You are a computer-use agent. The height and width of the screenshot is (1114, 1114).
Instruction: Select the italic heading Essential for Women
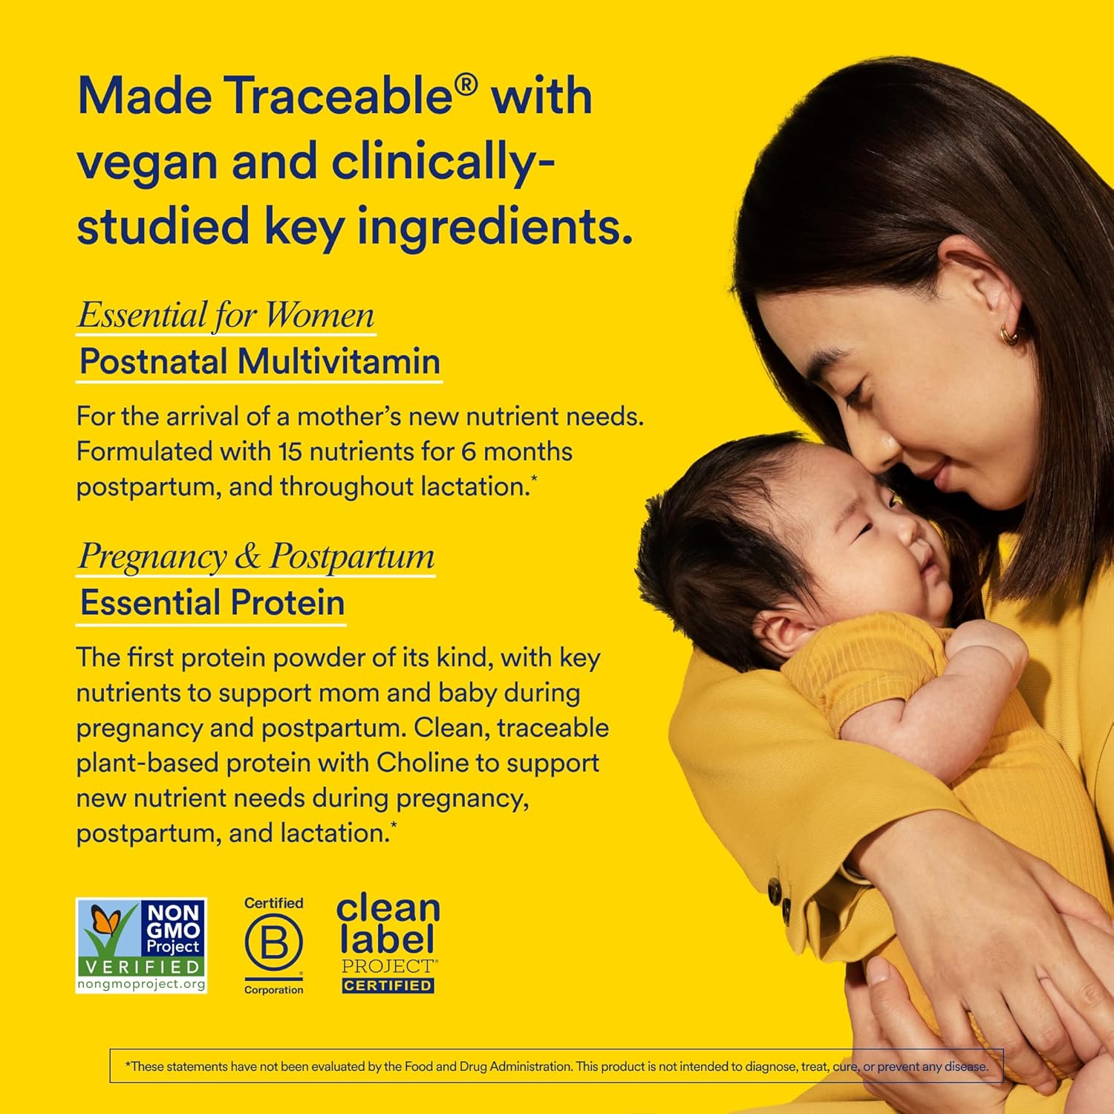coord(226,315)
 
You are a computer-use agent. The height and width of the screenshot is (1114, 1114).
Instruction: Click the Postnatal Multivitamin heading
coord(259,362)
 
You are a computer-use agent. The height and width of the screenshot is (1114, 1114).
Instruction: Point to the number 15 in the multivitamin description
coord(290,452)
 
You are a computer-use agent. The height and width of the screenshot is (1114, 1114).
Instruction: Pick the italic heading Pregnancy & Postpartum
coord(256,556)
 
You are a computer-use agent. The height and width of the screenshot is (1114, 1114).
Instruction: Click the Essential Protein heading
coord(212,602)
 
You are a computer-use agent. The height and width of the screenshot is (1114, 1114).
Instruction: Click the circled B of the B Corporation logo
coord(273,942)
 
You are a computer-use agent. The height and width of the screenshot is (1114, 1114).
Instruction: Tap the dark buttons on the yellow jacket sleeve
coord(780,896)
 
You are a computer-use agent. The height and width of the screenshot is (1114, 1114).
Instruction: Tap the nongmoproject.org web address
coord(141,984)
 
